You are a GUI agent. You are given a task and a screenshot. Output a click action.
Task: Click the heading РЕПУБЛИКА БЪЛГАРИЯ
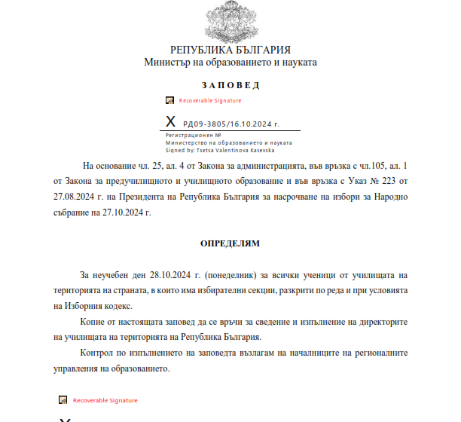click(x=230, y=50)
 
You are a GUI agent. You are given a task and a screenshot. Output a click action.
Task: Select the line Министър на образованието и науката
click(x=230, y=63)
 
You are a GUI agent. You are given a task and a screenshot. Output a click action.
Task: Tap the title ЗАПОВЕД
click(x=230, y=84)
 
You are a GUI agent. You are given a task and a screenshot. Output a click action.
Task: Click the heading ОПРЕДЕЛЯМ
click(x=230, y=244)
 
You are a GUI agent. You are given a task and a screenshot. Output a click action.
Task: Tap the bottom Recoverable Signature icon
click(x=64, y=400)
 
